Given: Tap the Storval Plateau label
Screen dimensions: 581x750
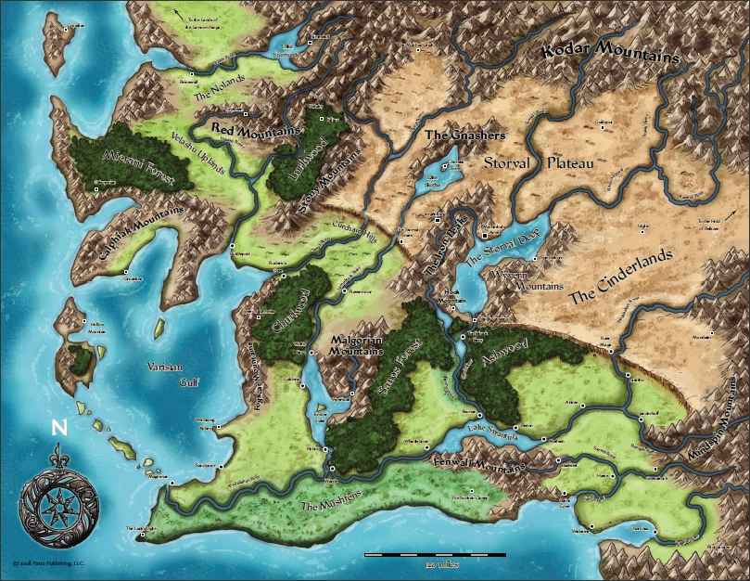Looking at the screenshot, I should tap(538, 162).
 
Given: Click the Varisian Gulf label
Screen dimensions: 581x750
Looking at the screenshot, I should tap(168, 374).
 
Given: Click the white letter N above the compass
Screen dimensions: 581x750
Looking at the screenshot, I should tap(60, 428).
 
